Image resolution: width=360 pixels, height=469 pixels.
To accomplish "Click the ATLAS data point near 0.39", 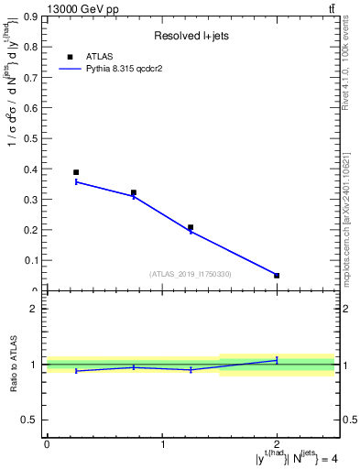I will pyautogui.click(x=76, y=172).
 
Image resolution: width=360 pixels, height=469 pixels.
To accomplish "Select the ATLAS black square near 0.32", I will pyautogui.click(x=134, y=193).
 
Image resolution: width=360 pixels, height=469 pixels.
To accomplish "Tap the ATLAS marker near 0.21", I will pyautogui.click(x=191, y=227).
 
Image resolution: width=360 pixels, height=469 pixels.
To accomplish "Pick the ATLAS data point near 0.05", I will pyautogui.click(x=277, y=275).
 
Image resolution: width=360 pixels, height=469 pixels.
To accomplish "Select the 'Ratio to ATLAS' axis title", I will pyautogui.click(x=13, y=365).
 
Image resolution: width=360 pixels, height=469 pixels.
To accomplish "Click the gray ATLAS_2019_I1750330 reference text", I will pyautogui.click(x=191, y=274).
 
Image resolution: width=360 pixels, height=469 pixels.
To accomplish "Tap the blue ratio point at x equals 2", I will pyautogui.click(x=277, y=360).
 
